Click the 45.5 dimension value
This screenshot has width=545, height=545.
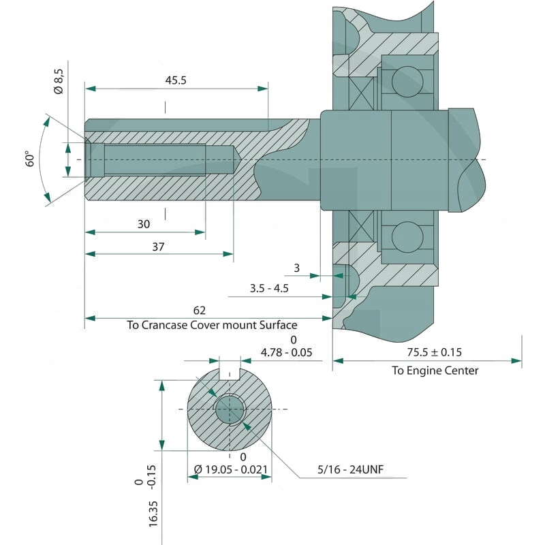[176, 80]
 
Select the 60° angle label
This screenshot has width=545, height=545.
[31, 160]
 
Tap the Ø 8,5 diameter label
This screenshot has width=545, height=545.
[58, 81]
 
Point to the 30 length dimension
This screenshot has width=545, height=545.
[143, 223]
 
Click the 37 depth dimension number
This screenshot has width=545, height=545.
[158, 247]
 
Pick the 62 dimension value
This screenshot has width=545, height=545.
[200, 311]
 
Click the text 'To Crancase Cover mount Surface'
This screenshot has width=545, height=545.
[212, 325]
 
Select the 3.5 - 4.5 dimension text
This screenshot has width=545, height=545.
[269, 288]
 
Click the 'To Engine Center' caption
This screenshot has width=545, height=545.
[435, 371]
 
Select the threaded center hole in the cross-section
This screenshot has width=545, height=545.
[230, 409]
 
